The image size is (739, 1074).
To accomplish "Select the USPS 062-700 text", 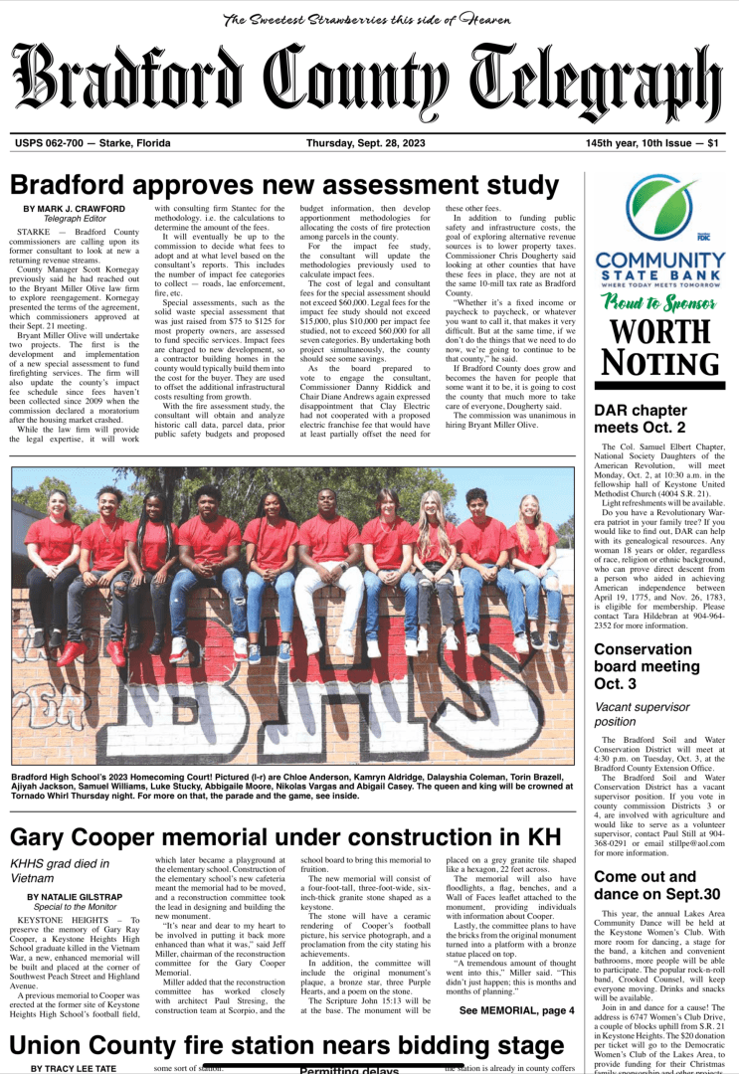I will (80, 143).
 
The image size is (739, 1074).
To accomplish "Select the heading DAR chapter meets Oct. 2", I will (640, 418).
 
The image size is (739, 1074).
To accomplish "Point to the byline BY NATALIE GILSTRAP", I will (76, 896).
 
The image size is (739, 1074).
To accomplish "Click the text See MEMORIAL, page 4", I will (516, 1010).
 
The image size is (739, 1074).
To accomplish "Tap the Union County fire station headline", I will (286, 1046).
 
